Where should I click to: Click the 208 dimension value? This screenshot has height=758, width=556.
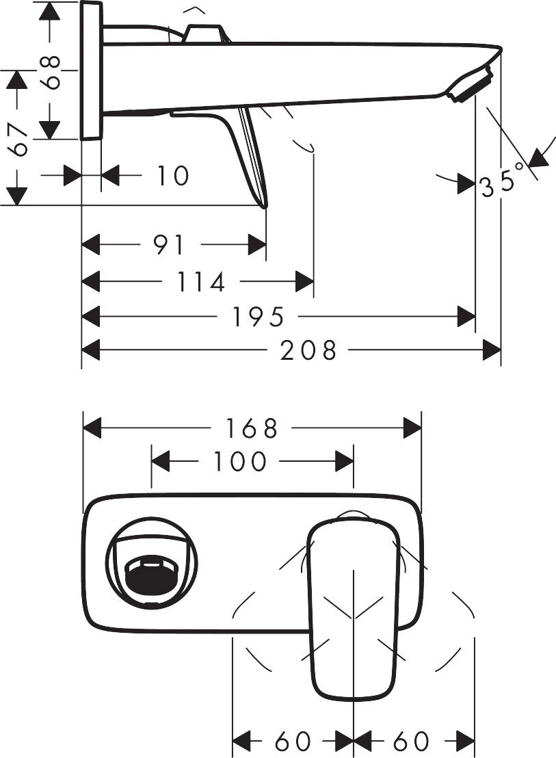point(309,351)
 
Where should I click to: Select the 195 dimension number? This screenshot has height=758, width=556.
point(258,317)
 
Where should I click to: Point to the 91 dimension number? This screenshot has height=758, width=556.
point(168,244)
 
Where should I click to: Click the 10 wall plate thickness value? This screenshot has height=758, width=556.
point(172,176)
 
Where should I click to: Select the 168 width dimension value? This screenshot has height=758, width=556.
point(252,429)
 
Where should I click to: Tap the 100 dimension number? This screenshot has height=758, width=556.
point(239,462)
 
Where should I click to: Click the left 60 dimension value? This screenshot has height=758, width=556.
point(293,741)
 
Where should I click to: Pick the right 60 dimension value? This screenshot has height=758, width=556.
point(411,741)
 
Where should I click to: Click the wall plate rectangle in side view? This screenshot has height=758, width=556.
point(92,70)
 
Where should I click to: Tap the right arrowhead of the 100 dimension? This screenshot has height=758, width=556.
point(344,462)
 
